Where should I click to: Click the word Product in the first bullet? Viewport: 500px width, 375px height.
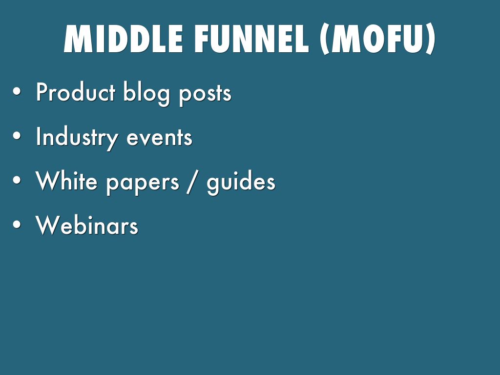tap(75, 92)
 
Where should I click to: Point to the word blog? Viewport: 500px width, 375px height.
tap(146, 93)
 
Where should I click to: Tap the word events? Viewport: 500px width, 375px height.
tap(160, 138)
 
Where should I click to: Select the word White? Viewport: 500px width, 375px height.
tap(66, 181)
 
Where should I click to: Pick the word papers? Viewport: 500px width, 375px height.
tap(143, 184)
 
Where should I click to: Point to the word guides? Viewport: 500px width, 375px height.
tap(241, 182)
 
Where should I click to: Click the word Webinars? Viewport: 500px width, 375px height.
tap(87, 225)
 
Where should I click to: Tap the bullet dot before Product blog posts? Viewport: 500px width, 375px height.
tap(17, 92)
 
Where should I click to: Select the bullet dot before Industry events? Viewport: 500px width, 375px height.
tap(17, 136)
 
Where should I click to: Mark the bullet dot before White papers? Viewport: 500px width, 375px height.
tap(17, 180)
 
